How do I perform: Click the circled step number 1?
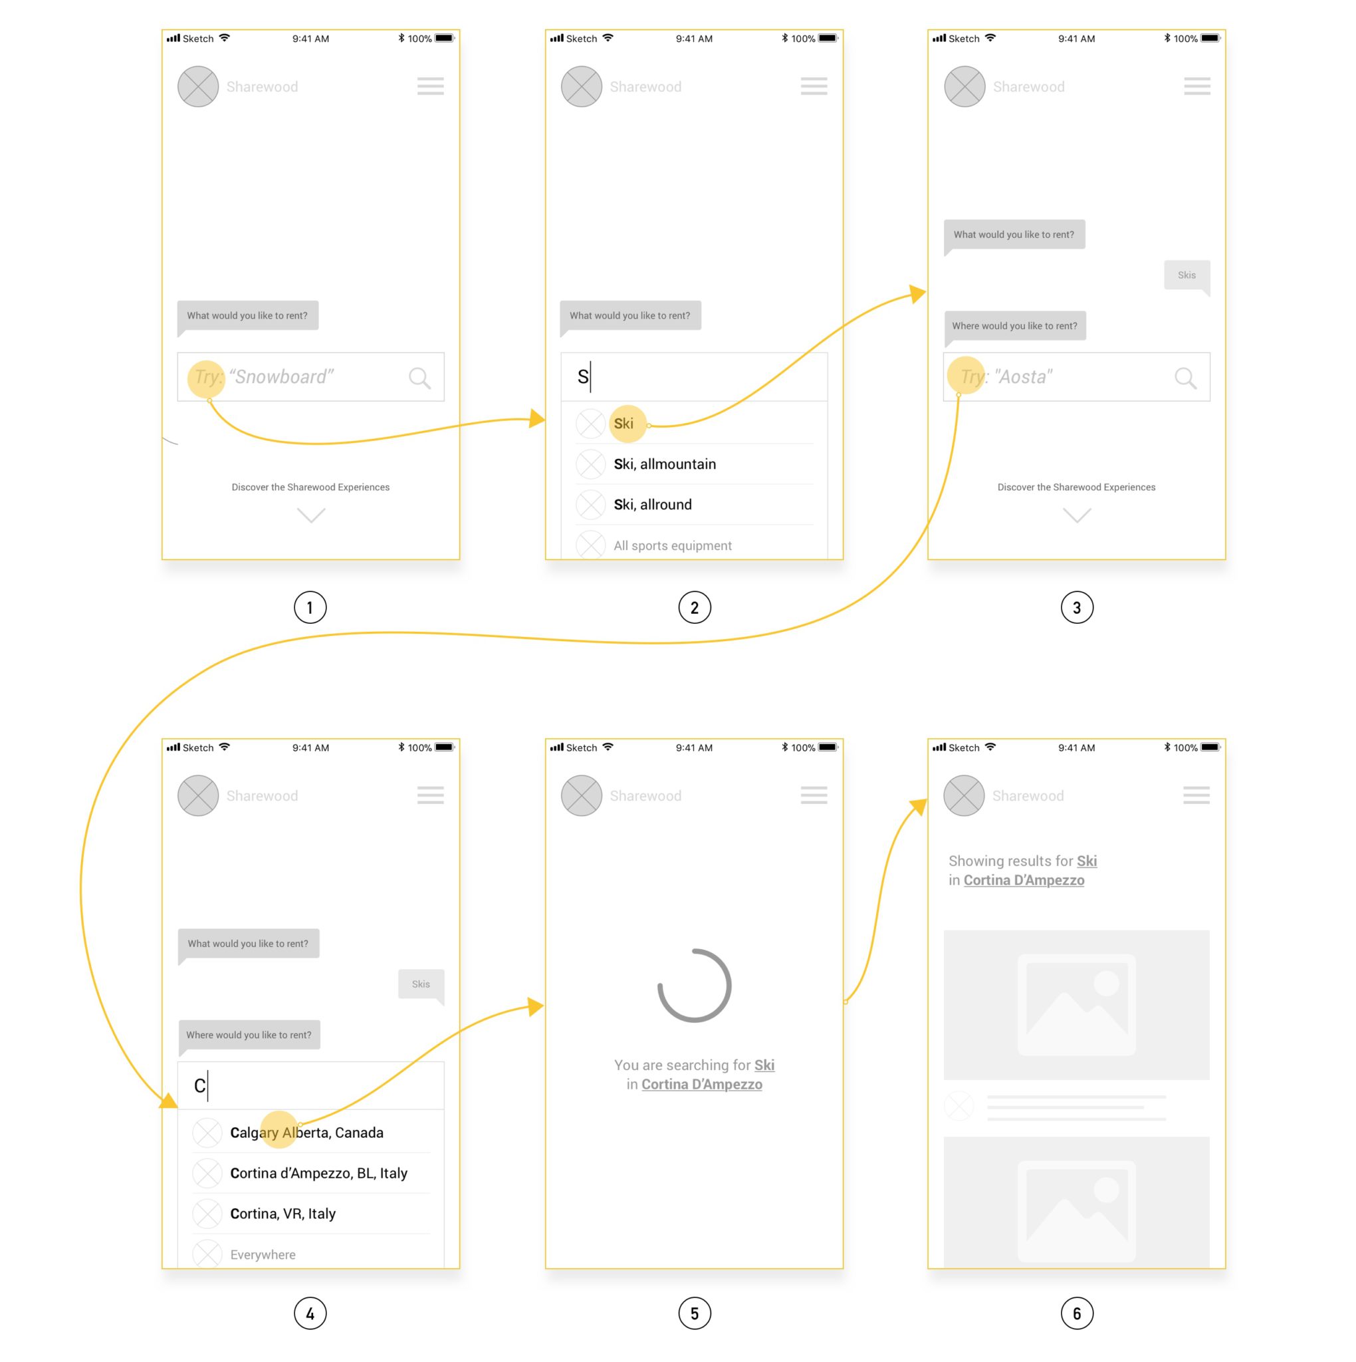pyautogui.click(x=310, y=608)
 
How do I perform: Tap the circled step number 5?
pyautogui.click(x=694, y=1313)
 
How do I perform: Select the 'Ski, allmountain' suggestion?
pyautogui.click(x=664, y=464)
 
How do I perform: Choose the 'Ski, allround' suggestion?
pyautogui.click(x=652, y=505)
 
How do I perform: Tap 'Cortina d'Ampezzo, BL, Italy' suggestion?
pyautogui.click(x=318, y=1173)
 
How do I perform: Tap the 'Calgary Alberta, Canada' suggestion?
pyautogui.click(x=306, y=1132)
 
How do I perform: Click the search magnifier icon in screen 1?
pyautogui.click(x=419, y=378)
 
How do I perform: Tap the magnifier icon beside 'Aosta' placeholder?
pyautogui.click(x=1185, y=378)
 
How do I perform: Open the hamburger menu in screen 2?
pyautogui.click(x=814, y=86)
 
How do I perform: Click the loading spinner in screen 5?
pyautogui.click(x=694, y=986)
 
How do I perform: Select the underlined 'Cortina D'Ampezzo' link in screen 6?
pyautogui.click(x=1024, y=880)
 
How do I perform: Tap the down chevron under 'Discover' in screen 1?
pyautogui.click(x=311, y=515)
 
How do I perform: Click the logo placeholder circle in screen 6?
pyautogui.click(x=963, y=795)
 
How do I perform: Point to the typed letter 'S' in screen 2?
pyautogui.click(x=583, y=376)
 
